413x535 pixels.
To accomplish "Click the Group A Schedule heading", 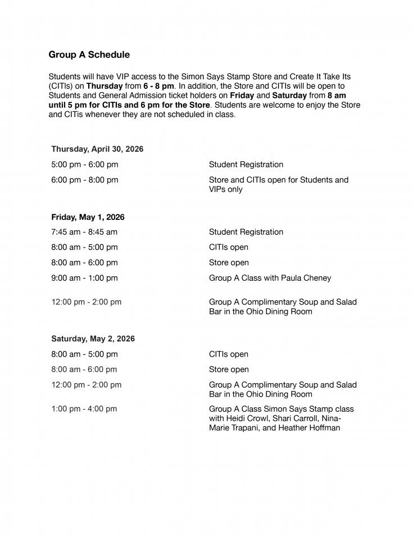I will (x=89, y=55).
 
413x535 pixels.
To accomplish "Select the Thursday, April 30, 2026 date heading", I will (x=97, y=149).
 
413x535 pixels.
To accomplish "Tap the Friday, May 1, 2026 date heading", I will (x=88, y=217).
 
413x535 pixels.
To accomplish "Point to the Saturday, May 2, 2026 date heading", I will (x=93, y=339).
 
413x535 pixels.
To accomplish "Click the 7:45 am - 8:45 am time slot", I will (x=84, y=232).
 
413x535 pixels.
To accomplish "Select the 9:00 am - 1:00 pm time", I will (x=84, y=278).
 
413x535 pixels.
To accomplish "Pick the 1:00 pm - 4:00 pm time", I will (x=84, y=409).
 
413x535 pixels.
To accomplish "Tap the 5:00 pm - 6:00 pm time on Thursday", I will (x=84, y=165).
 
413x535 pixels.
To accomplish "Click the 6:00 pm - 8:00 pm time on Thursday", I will (x=84, y=180).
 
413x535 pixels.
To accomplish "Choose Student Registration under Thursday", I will (x=246, y=165).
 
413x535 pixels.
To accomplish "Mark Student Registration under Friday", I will (x=246, y=232).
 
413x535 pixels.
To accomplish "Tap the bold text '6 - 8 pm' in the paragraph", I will (x=158, y=86).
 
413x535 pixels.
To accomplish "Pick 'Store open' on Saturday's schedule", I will (x=229, y=370).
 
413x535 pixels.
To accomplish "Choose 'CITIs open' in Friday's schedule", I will (x=229, y=248).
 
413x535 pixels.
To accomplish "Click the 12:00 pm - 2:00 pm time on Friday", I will (x=87, y=302).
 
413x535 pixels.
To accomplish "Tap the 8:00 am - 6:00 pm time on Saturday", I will (x=84, y=370).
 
